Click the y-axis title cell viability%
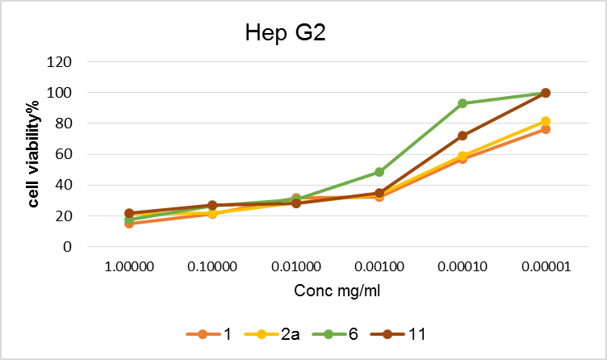click(34, 155)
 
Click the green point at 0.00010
click(463, 103)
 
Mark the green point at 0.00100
click(379, 172)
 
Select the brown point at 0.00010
click(463, 136)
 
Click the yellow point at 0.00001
click(546, 121)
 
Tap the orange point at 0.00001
click(546, 129)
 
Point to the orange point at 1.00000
click(128, 224)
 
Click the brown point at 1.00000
click(128, 213)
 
